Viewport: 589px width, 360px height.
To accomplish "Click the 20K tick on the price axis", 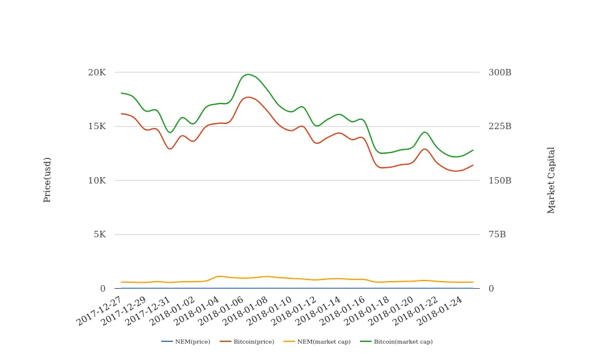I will tap(96, 72).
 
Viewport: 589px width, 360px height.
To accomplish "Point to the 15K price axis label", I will tap(96, 126).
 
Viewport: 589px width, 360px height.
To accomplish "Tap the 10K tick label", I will tap(96, 181).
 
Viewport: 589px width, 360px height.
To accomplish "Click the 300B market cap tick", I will tap(500, 72).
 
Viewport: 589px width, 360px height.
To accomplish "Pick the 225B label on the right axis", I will tap(500, 126).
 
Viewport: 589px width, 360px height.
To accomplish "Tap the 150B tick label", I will tap(500, 181).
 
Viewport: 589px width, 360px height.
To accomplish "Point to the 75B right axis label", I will tap(497, 234).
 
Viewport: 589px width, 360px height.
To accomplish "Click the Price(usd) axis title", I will tap(47, 180).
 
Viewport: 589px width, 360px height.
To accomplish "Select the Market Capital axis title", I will tap(551, 180).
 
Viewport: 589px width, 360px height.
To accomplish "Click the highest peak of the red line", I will tap(248, 97).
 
